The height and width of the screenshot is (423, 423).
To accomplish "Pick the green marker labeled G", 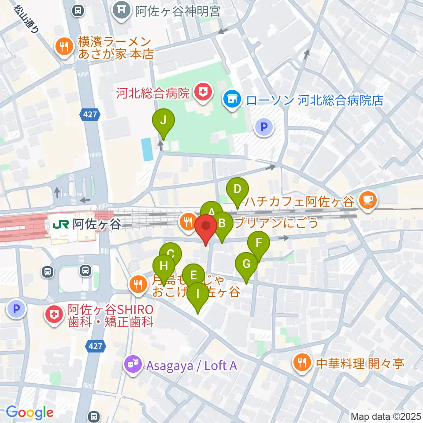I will pyautogui.click(x=246, y=265).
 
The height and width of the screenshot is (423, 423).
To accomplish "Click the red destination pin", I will pyautogui.click(x=205, y=227).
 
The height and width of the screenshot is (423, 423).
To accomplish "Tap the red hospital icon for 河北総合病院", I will pyautogui.click(x=203, y=93).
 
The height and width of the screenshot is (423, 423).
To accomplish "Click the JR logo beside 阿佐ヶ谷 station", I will pyautogui.click(x=57, y=225).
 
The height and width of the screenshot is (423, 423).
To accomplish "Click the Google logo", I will pyautogui.click(x=30, y=412).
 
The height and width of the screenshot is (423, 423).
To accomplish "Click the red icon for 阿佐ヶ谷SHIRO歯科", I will pyautogui.click(x=55, y=315).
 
